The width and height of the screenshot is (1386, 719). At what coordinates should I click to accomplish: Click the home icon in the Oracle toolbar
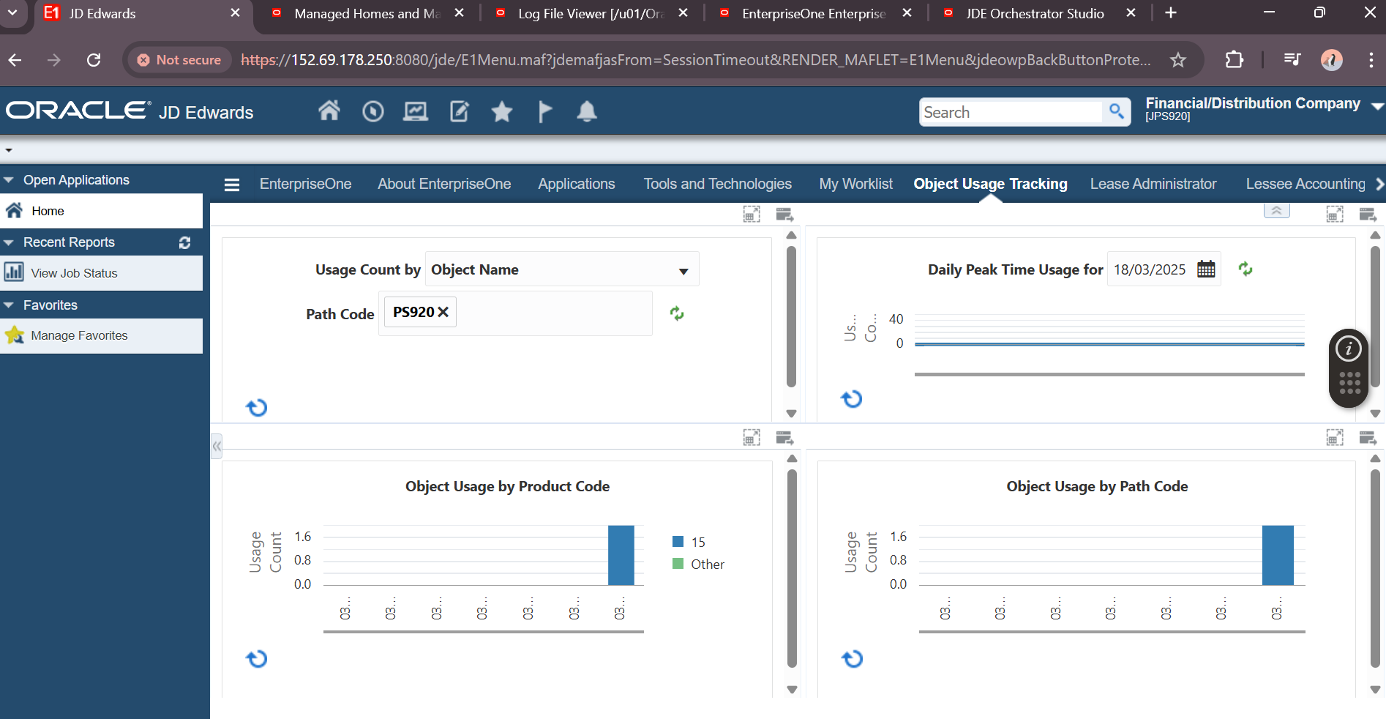point(329,111)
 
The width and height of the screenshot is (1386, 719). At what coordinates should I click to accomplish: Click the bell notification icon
point(587,111)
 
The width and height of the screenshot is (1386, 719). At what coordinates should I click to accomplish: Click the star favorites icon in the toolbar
point(502,112)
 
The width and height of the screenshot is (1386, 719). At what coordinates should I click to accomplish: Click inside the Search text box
point(1010,112)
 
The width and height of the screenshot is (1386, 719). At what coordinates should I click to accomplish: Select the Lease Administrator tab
point(1153,184)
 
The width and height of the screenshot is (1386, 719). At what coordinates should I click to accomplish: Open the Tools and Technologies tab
point(717,184)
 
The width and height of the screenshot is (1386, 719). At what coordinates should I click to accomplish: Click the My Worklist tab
point(855,184)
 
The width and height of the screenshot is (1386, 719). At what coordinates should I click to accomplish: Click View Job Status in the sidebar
point(74,273)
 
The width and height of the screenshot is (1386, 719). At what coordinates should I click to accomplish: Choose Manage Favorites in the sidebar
point(79,335)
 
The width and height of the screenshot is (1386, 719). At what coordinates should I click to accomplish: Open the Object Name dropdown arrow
point(683,271)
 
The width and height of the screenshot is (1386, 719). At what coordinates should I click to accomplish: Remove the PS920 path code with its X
point(443,312)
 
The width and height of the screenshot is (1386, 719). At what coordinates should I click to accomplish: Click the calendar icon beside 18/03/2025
point(1206,269)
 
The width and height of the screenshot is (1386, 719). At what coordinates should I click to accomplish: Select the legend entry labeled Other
point(707,565)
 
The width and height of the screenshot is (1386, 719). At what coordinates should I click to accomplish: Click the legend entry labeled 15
point(697,543)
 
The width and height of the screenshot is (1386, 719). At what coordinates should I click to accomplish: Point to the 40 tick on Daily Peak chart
point(896,319)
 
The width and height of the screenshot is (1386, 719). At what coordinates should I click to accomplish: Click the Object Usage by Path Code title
point(1096,486)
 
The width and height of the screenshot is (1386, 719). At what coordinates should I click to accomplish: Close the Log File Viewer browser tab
point(683,13)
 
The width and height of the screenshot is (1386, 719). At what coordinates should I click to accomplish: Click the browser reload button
point(94,60)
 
